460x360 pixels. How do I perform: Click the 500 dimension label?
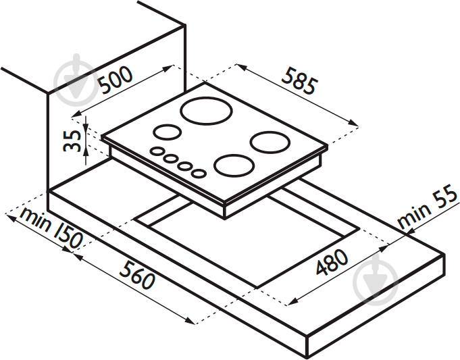(x=115, y=80)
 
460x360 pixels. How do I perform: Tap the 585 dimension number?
(x=299, y=81)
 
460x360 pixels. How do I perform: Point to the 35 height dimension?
(x=72, y=141)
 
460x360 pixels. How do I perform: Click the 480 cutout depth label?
(x=332, y=262)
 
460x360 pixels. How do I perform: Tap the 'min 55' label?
(x=427, y=207)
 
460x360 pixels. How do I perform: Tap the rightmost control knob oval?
(x=199, y=173)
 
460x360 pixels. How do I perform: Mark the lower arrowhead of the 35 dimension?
(x=86, y=152)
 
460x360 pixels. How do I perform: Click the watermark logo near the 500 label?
(x=76, y=80)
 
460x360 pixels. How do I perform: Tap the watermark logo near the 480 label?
(x=376, y=280)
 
